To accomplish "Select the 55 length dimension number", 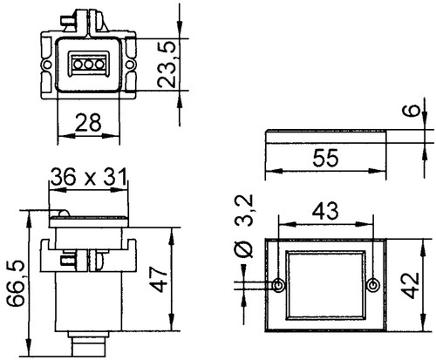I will point(324,159).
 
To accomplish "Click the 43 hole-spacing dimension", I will point(324,210).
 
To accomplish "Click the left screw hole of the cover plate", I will point(278,285).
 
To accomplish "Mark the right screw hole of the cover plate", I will point(373,285).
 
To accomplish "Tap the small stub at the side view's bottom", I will point(91,348).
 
